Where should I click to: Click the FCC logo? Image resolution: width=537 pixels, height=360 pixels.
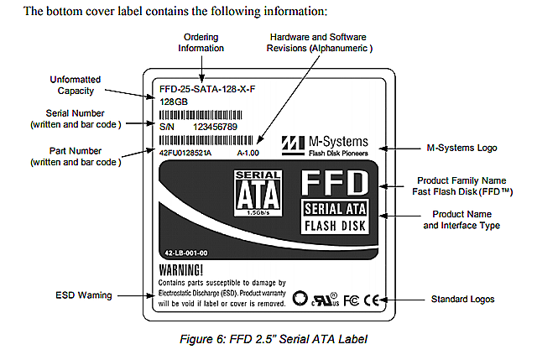tap(351, 299)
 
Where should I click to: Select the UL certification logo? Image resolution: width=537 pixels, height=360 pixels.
tap(324, 299)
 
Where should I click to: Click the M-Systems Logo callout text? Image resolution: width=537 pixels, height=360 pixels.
tap(461, 148)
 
